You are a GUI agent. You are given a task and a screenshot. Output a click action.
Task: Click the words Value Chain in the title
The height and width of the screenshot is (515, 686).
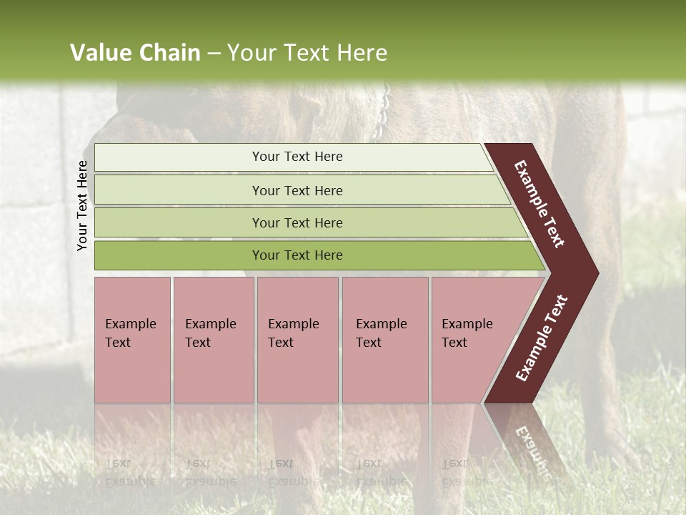[x=135, y=53]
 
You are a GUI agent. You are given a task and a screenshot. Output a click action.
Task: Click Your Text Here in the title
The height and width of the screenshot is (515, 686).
[x=307, y=53]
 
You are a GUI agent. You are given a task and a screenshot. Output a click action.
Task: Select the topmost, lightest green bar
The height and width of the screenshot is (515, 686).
[x=297, y=157]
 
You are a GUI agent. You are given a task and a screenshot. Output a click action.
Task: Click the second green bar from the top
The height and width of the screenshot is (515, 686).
[x=297, y=190]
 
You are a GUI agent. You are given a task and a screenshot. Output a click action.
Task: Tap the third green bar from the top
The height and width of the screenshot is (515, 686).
[x=297, y=222]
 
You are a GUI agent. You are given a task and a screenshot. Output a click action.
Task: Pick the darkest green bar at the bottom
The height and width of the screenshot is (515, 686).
[x=297, y=255]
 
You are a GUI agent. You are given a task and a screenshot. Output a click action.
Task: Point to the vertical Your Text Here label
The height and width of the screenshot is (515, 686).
[x=82, y=205]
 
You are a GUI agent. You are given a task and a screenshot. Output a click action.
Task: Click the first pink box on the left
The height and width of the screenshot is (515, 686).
[x=132, y=340]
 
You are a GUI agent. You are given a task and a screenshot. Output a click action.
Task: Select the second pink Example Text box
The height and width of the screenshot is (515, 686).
[x=213, y=340]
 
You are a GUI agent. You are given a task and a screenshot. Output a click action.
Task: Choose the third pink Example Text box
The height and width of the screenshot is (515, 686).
[x=297, y=340]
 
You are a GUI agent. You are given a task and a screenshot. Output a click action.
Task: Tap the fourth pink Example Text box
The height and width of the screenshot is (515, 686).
[x=384, y=340]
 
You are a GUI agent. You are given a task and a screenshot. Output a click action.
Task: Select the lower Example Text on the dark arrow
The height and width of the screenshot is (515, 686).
[x=542, y=338]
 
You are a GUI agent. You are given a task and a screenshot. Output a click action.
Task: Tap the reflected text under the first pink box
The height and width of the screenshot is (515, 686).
[x=121, y=472]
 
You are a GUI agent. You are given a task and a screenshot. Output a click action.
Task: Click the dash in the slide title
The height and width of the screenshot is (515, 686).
[x=214, y=53]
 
